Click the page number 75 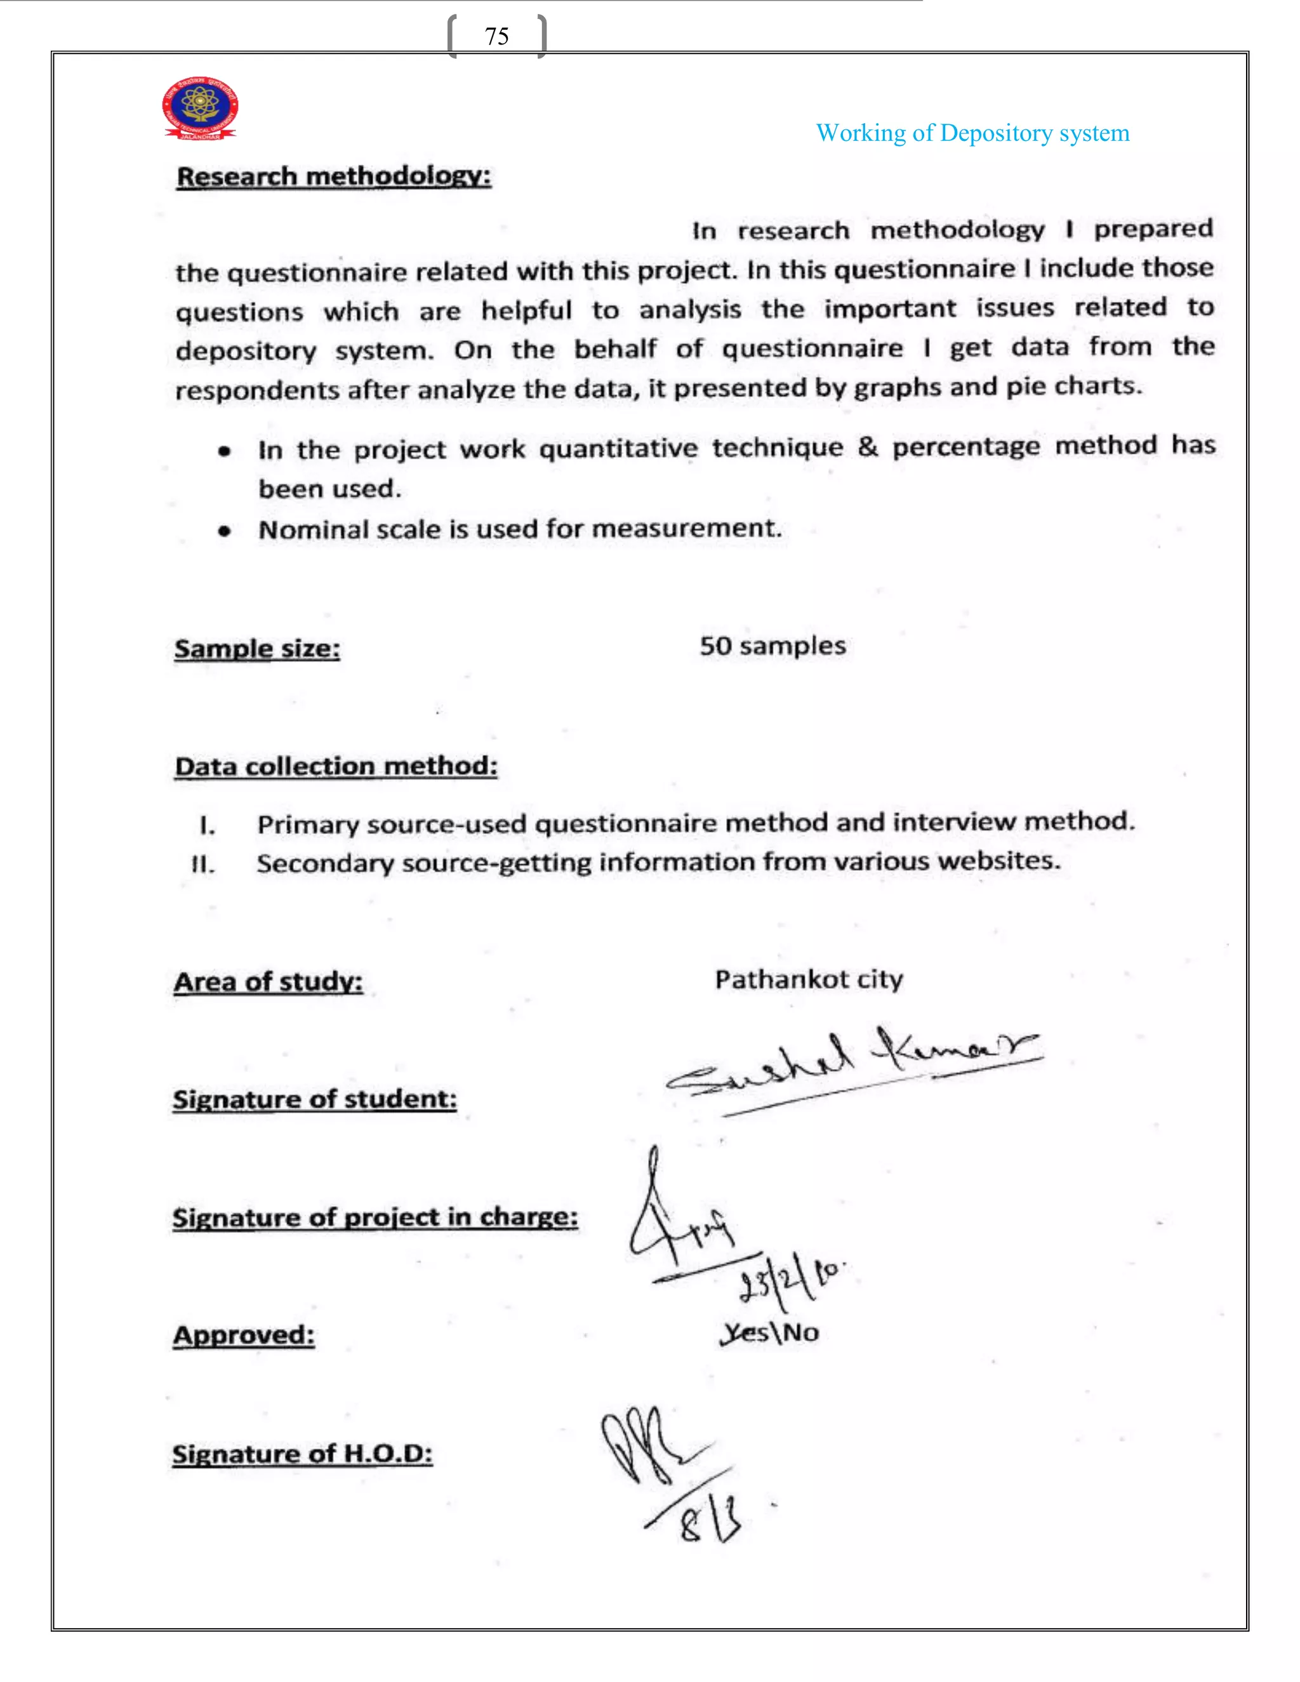(x=497, y=36)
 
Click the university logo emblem (x=200, y=108)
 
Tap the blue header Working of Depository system (x=972, y=133)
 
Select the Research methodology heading (x=333, y=176)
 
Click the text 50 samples (x=772, y=646)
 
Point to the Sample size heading (x=256, y=649)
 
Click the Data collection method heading (x=336, y=766)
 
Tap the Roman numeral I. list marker (x=206, y=826)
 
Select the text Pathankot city (x=809, y=979)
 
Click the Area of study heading (x=268, y=982)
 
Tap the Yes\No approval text (x=770, y=1332)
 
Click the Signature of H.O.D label (x=302, y=1454)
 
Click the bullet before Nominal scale (x=224, y=531)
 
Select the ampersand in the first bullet (x=867, y=447)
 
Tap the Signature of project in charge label (x=375, y=1217)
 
